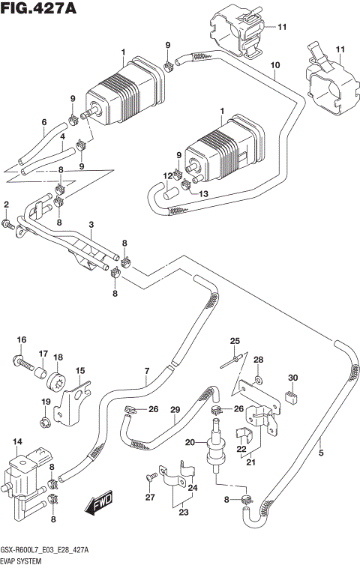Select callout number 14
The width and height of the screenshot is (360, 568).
(x=17, y=443)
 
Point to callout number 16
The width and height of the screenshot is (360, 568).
(x=22, y=340)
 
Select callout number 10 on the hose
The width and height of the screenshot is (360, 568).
(x=275, y=66)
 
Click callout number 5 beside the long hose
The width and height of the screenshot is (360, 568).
(x=321, y=452)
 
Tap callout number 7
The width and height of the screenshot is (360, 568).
(x=147, y=370)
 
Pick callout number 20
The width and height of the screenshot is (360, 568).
(x=190, y=442)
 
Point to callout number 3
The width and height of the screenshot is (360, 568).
(x=91, y=225)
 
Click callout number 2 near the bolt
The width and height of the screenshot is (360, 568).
(x=6, y=205)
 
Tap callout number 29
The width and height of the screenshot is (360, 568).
(x=175, y=409)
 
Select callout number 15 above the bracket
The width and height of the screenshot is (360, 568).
(x=79, y=370)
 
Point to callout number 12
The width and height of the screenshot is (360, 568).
(x=169, y=175)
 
